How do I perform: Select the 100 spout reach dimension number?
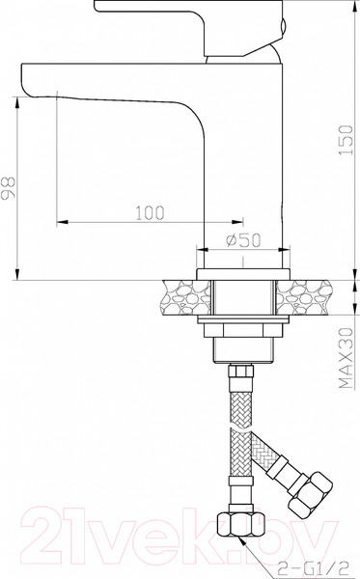click(148, 211)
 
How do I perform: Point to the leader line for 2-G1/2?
click(275, 551)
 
